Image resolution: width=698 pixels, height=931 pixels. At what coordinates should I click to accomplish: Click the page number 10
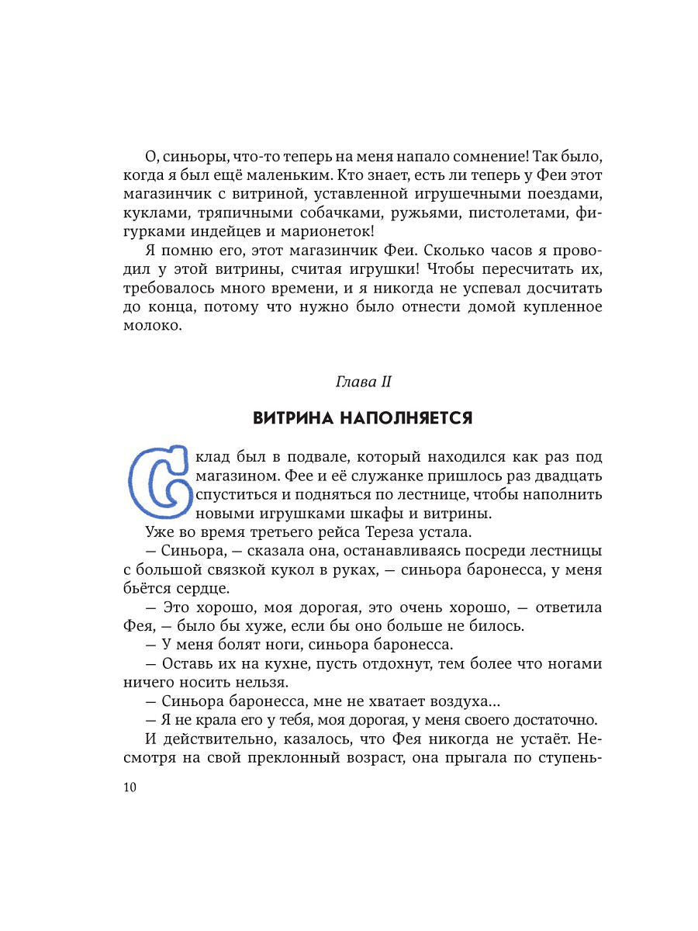tap(130, 787)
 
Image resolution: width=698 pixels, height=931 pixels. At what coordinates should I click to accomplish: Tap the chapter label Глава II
tap(362, 382)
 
